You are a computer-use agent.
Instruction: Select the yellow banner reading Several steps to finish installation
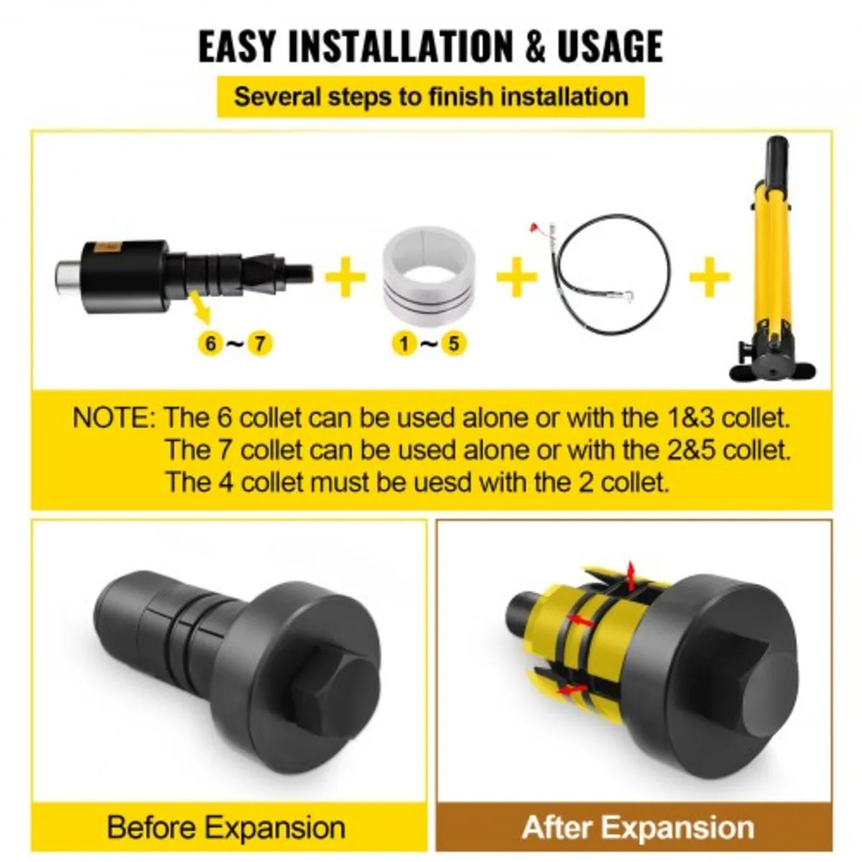tap(431, 96)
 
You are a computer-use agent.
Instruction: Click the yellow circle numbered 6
tap(210, 343)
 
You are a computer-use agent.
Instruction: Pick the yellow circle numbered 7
tap(260, 343)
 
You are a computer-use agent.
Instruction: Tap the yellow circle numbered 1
tap(404, 343)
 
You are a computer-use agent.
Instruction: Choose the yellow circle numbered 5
tap(453, 343)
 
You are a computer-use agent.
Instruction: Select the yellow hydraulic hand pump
tap(772, 266)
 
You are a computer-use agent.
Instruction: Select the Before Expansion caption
tap(226, 827)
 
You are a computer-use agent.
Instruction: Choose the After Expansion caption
tap(638, 827)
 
